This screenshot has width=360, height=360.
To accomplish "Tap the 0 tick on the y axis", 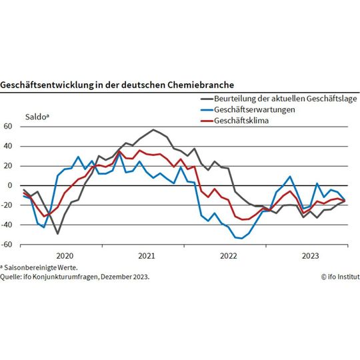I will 10,185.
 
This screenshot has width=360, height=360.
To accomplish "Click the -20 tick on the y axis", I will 7,205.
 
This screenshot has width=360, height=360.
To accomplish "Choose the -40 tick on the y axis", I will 7,225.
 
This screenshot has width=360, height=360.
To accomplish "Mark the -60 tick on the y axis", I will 7,245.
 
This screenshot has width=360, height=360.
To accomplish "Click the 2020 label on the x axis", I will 64,255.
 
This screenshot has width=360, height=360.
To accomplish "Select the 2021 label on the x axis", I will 146,255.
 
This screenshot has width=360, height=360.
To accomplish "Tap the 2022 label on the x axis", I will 228,255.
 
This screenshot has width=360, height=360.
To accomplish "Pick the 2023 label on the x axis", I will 310,255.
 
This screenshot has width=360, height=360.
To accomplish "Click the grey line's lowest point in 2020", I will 58,233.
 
